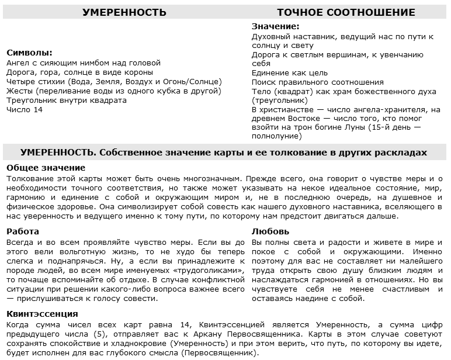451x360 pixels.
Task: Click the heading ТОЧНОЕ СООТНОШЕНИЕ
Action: click(x=346, y=12)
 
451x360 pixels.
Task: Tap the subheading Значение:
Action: click(x=275, y=26)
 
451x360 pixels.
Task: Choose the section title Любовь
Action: click(x=270, y=231)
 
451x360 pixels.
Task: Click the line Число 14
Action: click(x=25, y=109)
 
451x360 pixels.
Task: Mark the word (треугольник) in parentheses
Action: click(x=279, y=100)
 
